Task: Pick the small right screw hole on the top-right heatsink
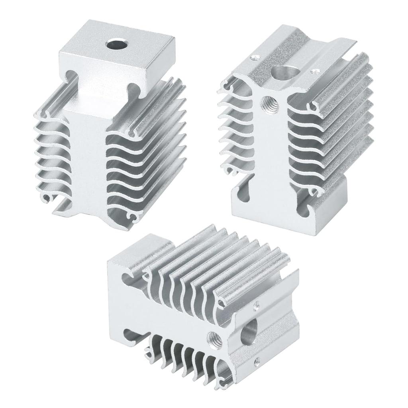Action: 316,72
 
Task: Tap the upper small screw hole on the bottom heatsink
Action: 256,305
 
